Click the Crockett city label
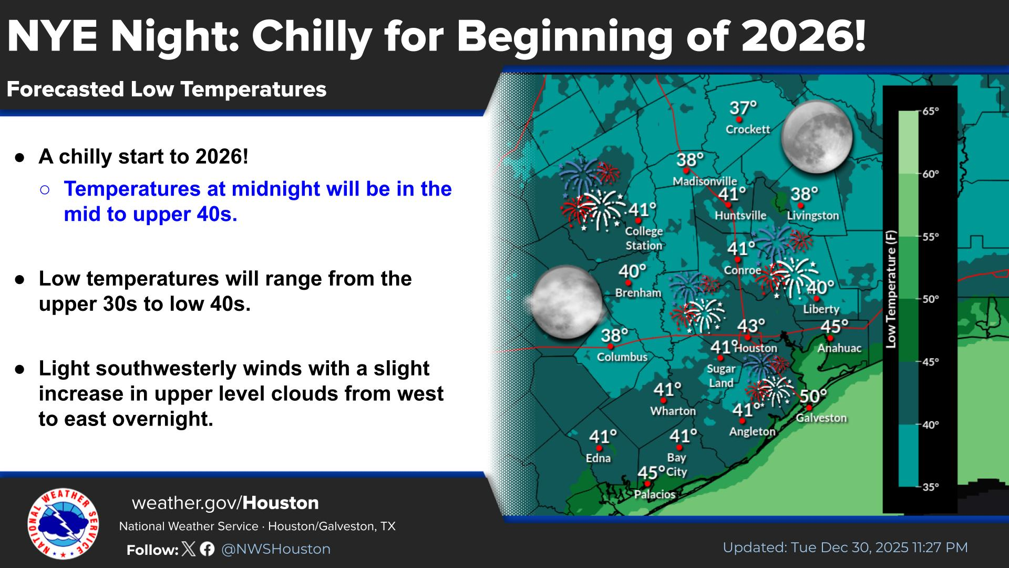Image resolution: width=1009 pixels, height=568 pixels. click(x=747, y=129)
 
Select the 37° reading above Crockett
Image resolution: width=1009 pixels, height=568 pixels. click(x=743, y=108)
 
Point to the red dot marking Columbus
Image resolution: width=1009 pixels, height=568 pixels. click(x=611, y=347)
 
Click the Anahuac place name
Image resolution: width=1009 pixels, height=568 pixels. click(x=839, y=348)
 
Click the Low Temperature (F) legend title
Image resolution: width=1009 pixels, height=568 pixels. click(x=891, y=289)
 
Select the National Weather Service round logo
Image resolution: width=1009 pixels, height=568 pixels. click(x=63, y=523)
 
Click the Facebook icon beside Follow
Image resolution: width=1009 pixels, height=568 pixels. click(x=207, y=549)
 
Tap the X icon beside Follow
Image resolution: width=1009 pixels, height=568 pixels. click(x=189, y=549)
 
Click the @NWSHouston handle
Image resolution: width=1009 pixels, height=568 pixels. click(x=276, y=549)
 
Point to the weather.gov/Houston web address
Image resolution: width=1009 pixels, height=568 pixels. click(x=225, y=503)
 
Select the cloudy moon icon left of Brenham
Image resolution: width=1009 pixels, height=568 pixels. click(x=566, y=302)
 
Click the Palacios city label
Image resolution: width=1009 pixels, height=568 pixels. click(x=654, y=494)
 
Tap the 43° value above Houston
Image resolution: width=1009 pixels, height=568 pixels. click(x=751, y=326)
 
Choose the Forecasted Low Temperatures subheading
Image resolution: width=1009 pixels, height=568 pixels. click(x=167, y=89)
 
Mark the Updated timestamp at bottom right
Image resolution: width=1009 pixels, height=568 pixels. click(x=845, y=547)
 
